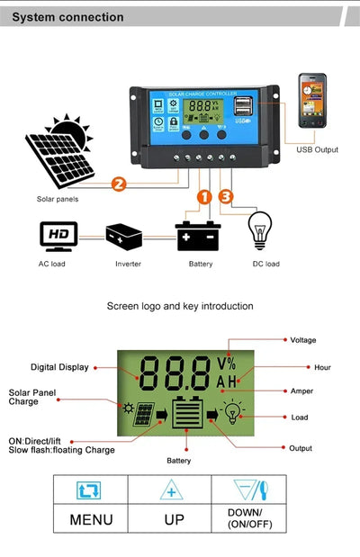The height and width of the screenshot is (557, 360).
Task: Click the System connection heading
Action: (68, 17)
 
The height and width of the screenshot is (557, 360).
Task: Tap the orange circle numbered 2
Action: (117, 185)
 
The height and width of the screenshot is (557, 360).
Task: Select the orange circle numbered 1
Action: (203, 196)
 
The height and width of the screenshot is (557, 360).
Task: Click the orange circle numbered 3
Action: (225, 196)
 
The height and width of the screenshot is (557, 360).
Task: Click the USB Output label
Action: (317, 149)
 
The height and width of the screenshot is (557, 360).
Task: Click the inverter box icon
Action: (124, 236)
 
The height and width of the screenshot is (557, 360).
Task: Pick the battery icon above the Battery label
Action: (197, 236)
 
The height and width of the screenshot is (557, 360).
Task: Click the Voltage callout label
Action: (302, 340)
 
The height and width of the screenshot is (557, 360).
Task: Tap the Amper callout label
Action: (301, 391)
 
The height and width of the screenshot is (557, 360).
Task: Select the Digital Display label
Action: (59, 367)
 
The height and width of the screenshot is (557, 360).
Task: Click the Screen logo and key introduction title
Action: (180, 306)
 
